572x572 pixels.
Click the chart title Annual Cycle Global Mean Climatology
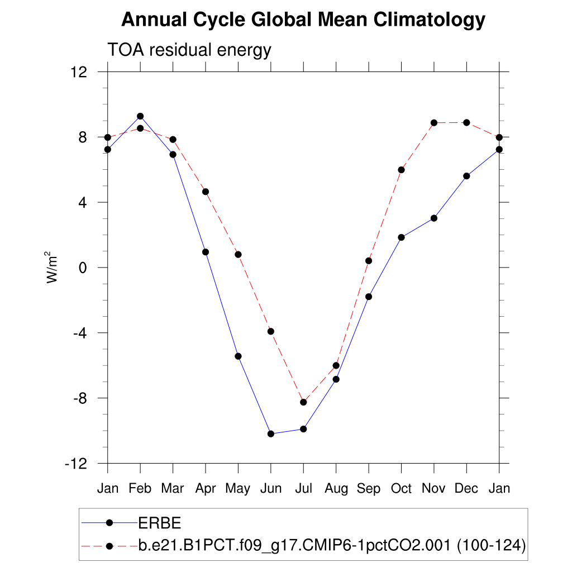click(303, 21)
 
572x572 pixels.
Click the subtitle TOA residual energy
click(189, 50)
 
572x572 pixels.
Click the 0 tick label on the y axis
click(84, 268)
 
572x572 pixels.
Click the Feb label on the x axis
click(140, 489)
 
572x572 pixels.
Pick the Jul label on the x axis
click(303, 489)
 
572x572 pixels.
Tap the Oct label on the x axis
click(401, 489)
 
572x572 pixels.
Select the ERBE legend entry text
click(159, 523)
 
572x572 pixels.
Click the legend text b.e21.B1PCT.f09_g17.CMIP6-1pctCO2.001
click(294, 545)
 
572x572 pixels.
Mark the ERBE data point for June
click(271, 433)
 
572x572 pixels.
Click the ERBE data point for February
click(140, 116)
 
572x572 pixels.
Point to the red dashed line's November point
click(434, 122)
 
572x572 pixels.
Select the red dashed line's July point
click(303, 402)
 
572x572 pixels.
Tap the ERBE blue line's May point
click(238, 356)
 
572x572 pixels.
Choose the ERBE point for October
click(401, 237)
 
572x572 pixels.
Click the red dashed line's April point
click(206, 192)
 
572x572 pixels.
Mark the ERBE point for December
click(466, 176)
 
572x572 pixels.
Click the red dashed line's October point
click(401, 170)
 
